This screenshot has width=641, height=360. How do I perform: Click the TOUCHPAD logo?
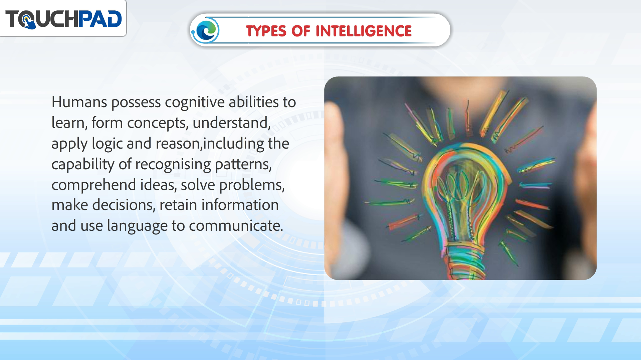pos(63,19)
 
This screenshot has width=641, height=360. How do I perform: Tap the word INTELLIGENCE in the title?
pos(364,31)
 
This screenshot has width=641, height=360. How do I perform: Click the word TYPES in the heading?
pos(266,31)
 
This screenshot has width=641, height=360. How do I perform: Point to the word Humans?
pos(79,102)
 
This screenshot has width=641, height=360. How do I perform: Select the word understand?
pos(231,123)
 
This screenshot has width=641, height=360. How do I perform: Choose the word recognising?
pos(173,165)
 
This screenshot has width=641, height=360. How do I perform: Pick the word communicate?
pos(236,226)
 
